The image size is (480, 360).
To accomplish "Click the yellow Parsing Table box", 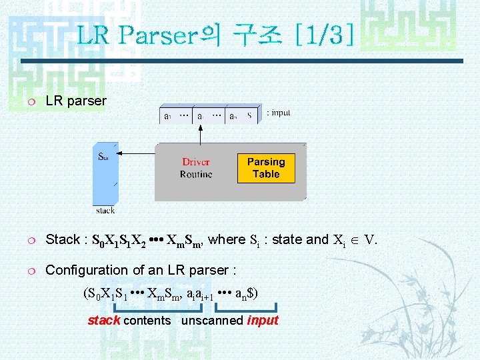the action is click(266, 168).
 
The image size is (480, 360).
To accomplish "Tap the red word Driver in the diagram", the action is click(196, 162).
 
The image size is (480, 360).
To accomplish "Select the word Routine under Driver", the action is click(196, 175).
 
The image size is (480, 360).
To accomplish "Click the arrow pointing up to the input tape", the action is click(201, 133).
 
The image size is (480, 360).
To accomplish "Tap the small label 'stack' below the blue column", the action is click(105, 211).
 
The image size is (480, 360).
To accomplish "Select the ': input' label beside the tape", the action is click(278, 113).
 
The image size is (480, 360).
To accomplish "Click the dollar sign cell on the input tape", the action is click(249, 115).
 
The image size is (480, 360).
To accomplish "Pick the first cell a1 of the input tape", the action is click(168, 115).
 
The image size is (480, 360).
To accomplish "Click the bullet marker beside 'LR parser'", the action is click(31, 101).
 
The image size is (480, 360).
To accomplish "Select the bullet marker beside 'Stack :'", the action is click(31, 240).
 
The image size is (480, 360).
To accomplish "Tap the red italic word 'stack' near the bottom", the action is click(103, 321).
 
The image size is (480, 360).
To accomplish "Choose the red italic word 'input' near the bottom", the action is click(262, 321).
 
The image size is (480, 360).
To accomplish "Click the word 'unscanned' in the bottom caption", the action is click(212, 321).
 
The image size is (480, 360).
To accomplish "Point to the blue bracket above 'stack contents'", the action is click(158, 309).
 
